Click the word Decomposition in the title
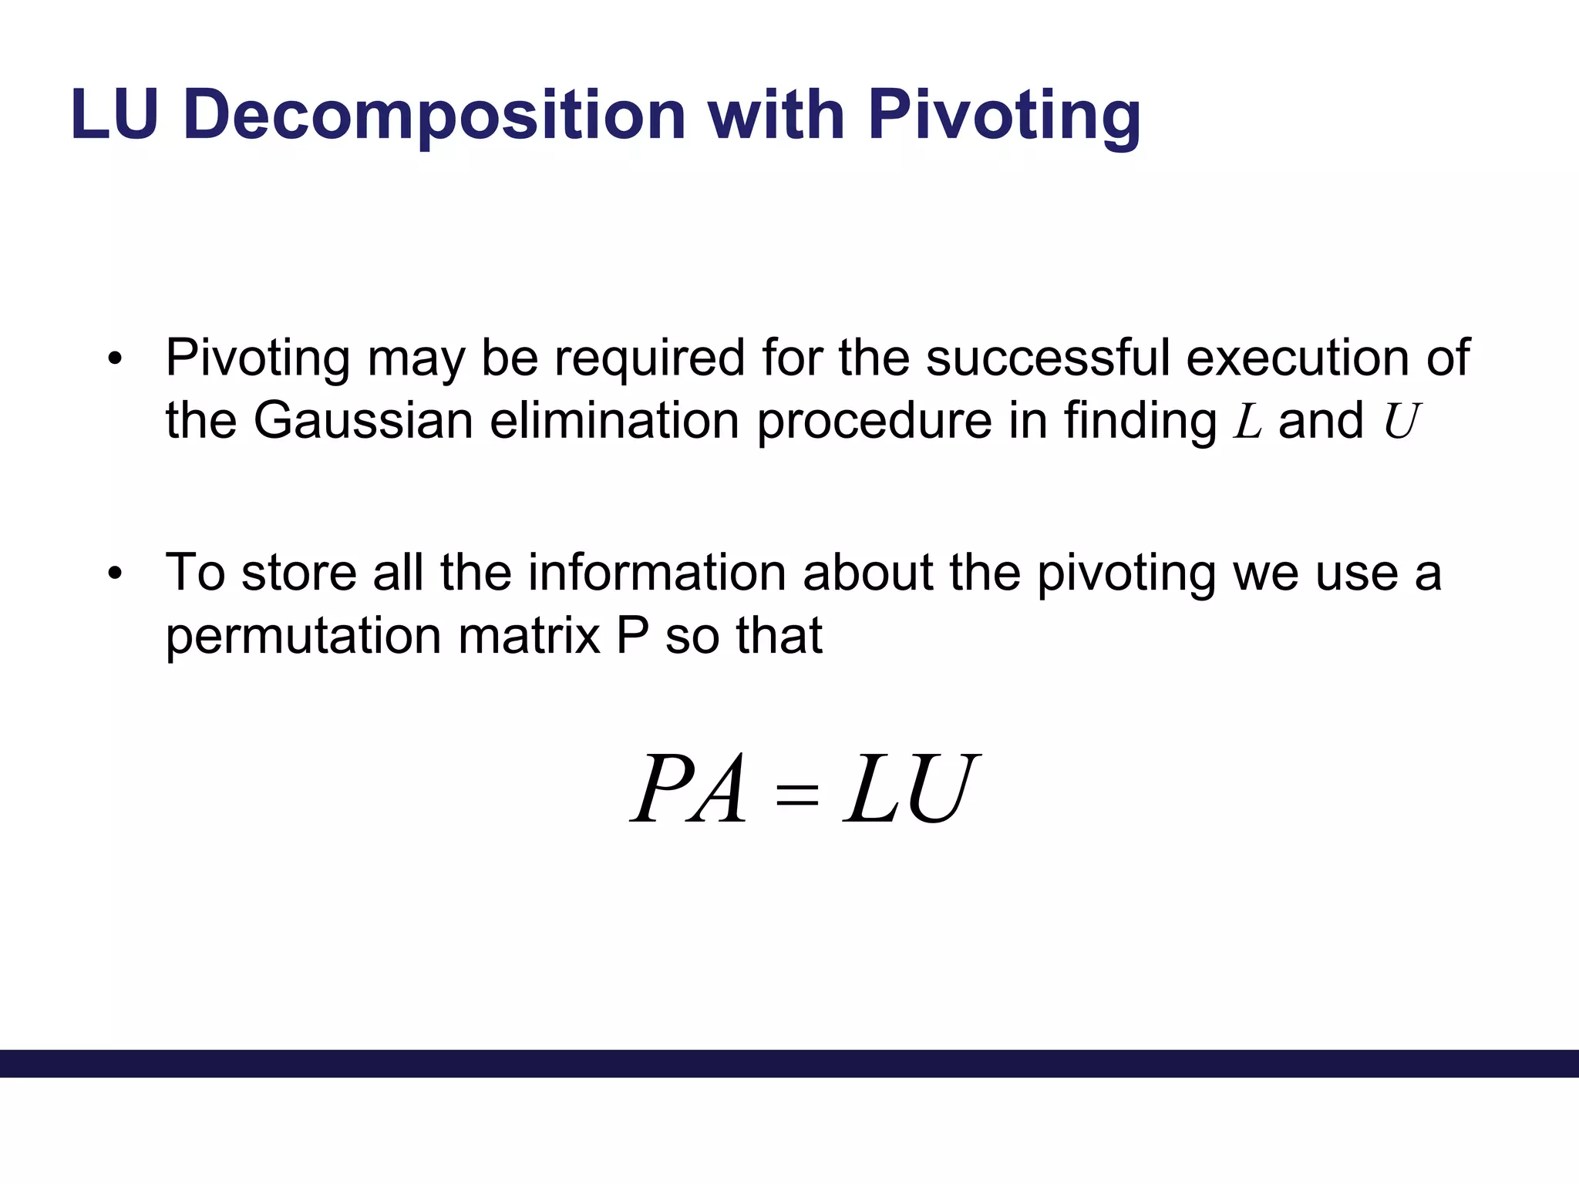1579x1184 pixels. pos(434,116)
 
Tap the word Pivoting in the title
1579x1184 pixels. pos(1004,116)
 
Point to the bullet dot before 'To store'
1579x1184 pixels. pos(116,573)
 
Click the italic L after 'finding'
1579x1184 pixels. pos(1247,422)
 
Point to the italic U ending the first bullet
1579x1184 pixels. pos(1400,422)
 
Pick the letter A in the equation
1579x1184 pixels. pos(719,790)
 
